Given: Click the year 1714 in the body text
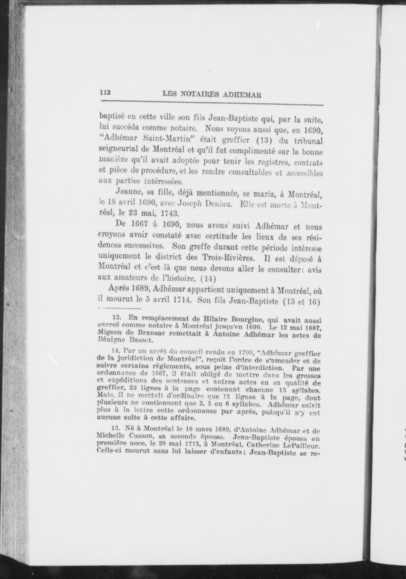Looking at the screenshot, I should [182, 299].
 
